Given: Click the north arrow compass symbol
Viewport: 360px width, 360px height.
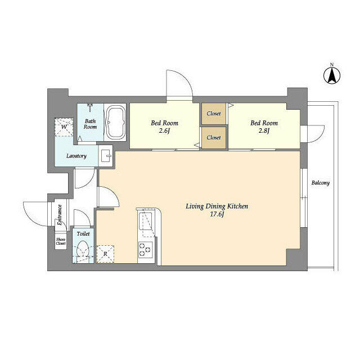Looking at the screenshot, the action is pyautogui.click(x=332, y=75).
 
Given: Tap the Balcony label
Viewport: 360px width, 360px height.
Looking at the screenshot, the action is pyautogui.click(x=320, y=183).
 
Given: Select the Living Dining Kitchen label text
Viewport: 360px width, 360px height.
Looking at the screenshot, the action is pyautogui.click(x=217, y=206).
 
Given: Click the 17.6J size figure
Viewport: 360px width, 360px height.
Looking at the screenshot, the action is pyautogui.click(x=217, y=214).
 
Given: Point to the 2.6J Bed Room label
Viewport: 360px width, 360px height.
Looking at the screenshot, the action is pyautogui.click(x=164, y=127).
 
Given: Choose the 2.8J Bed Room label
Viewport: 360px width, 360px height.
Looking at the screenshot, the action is pyautogui.click(x=264, y=127).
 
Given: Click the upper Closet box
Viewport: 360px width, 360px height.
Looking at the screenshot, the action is pyautogui.click(x=214, y=114).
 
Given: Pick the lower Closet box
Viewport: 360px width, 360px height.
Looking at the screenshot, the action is pyautogui.click(x=214, y=138).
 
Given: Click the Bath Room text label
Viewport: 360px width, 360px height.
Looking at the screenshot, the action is pyautogui.click(x=90, y=124).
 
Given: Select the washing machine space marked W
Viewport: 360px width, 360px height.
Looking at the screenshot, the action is pyautogui.click(x=64, y=127).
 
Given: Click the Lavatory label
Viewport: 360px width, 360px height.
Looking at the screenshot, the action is pyautogui.click(x=76, y=156).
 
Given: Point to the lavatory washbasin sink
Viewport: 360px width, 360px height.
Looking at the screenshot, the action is pyautogui.click(x=106, y=156).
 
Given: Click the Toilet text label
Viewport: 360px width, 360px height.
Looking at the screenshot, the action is pyautogui.click(x=83, y=234).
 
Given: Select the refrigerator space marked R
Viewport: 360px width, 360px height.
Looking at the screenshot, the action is pyautogui.click(x=105, y=254).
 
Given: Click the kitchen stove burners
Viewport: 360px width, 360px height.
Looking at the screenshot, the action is pyautogui.click(x=145, y=250).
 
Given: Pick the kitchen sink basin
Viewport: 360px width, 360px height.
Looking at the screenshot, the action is pyautogui.click(x=145, y=220).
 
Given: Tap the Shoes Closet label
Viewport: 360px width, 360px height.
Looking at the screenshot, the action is pyautogui.click(x=61, y=241).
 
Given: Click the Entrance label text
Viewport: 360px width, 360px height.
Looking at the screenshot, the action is pyautogui.click(x=60, y=215).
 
